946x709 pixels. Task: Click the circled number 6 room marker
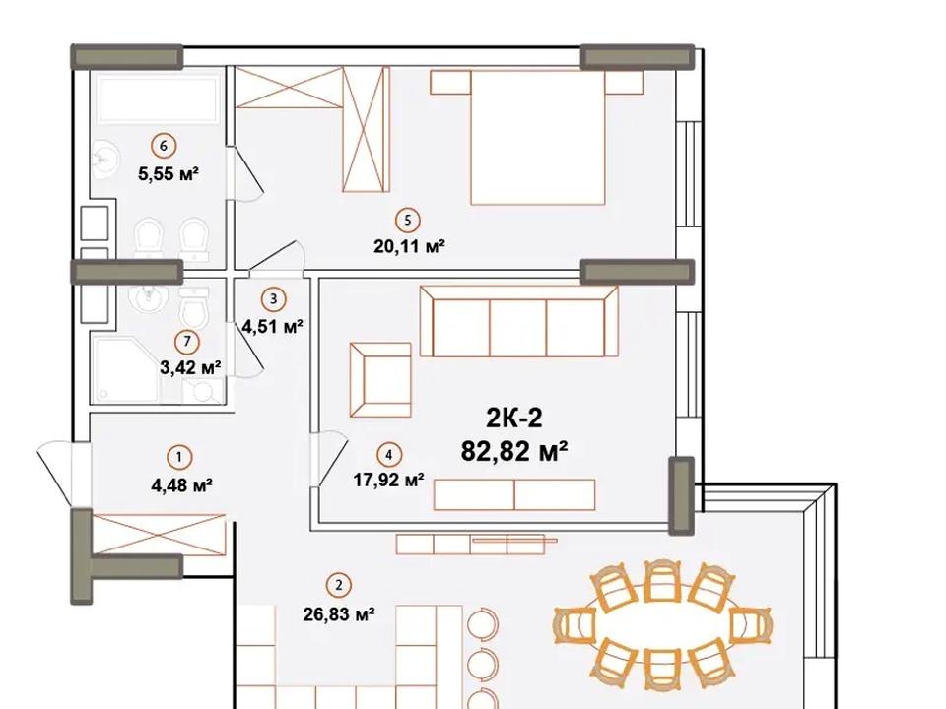(164, 146)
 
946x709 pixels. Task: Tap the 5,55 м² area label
(169, 175)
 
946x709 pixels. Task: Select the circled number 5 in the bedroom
(408, 220)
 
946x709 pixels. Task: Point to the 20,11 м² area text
(409, 246)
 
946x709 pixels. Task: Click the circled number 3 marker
(273, 298)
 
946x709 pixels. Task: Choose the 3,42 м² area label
(190, 367)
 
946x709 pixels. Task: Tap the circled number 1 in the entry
(178, 457)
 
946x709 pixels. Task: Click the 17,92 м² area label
(388, 480)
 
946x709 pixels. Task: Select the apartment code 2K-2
(513, 418)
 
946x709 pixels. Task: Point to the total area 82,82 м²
(514, 450)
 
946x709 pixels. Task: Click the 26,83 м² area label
(338, 614)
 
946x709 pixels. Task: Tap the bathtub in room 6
(160, 98)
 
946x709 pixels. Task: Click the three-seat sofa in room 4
(519, 321)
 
